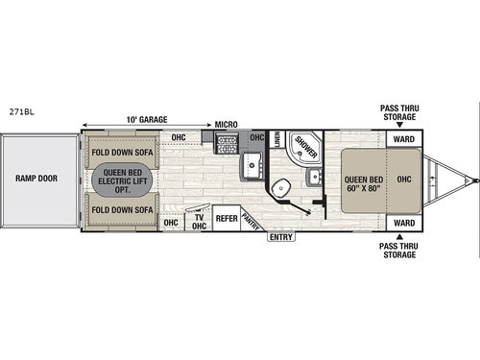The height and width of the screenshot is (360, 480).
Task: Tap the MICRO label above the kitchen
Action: pos(227,124)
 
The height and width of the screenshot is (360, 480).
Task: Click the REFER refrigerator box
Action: pos(227,219)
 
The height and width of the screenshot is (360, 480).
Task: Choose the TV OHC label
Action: pos(199,221)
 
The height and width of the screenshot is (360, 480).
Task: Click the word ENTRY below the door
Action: pos(281,236)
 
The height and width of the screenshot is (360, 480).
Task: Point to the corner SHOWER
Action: pos(306,149)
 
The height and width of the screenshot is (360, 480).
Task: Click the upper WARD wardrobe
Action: pos(404,137)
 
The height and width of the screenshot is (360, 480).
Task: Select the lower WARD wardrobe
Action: pos(404,223)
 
